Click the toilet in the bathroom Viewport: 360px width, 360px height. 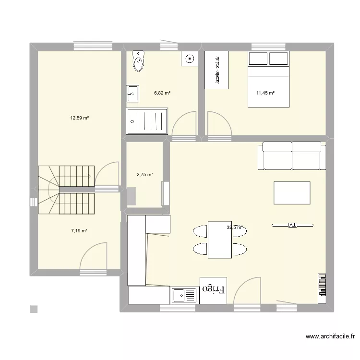pyautogui.click(x=139, y=60)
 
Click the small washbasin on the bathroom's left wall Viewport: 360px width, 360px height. pyautogui.click(x=132, y=94)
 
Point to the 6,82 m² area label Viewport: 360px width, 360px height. pyautogui.click(x=162, y=93)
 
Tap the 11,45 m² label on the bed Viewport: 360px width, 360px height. pyautogui.click(x=265, y=93)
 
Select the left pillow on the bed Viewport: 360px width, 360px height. pyautogui.click(x=258, y=58)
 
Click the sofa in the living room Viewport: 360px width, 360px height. pyautogui.click(x=291, y=156)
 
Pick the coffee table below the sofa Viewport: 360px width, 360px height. pyautogui.click(x=292, y=193)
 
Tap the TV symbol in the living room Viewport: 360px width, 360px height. pyautogui.click(x=292, y=224)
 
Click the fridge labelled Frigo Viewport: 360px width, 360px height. pyautogui.click(x=214, y=290)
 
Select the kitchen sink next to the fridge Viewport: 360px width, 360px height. pyautogui.click(x=184, y=296)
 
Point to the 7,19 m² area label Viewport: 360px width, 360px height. pyautogui.click(x=79, y=231)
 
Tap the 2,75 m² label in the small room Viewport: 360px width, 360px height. pyautogui.click(x=145, y=175)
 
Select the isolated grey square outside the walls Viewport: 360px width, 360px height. pyautogui.click(x=33, y=309)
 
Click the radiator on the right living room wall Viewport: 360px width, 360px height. pyautogui.click(x=322, y=288)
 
